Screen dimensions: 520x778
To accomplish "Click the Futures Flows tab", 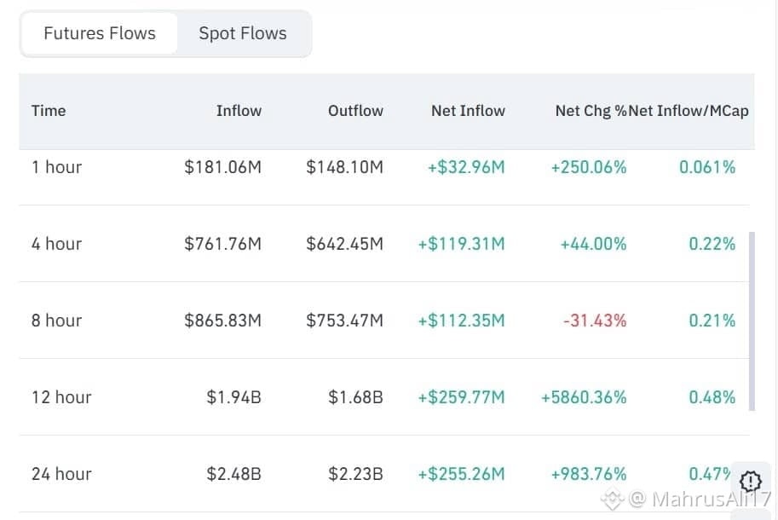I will (100, 34).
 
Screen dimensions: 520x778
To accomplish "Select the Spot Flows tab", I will (243, 34).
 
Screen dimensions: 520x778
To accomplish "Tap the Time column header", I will (49, 111).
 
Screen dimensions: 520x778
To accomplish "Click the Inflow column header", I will (239, 111).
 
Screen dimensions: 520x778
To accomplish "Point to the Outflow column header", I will (355, 111).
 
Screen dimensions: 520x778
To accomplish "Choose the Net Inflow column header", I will (468, 111).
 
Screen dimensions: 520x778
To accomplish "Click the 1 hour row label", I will (56, 167).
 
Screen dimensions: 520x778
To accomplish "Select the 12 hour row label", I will (61, 397).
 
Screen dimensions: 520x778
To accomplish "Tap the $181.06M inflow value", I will (222, 167).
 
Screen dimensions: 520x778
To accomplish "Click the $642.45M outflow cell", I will (344, 244).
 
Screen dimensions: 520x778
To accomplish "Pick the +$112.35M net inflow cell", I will (461, 321).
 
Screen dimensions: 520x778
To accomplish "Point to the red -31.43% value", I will (595, 321).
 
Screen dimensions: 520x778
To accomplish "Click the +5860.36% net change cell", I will (584, 397).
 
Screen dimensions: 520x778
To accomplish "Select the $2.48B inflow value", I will (233, 474).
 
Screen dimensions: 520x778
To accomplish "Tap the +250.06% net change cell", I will (589, 167).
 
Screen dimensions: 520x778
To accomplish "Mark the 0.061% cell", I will (707, 167).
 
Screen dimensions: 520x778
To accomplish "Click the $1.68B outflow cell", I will (355, 397).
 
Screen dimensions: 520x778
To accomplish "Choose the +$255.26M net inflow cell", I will (461, 474).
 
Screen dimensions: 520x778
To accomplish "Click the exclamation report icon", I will (750, 481).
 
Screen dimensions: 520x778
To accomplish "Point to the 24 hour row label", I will (61, 474).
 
